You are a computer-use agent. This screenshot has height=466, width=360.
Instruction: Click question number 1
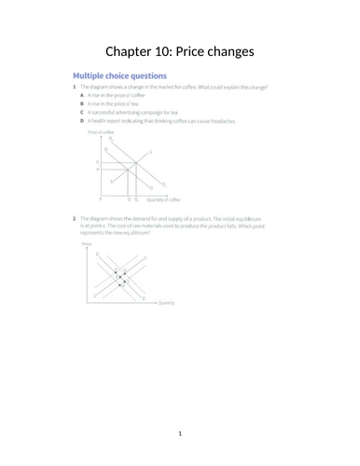click(x=74, y=87)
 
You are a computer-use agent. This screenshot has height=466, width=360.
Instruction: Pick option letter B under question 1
click(x=82, y=104)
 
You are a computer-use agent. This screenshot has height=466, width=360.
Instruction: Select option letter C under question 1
click(x=82, y=113)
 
